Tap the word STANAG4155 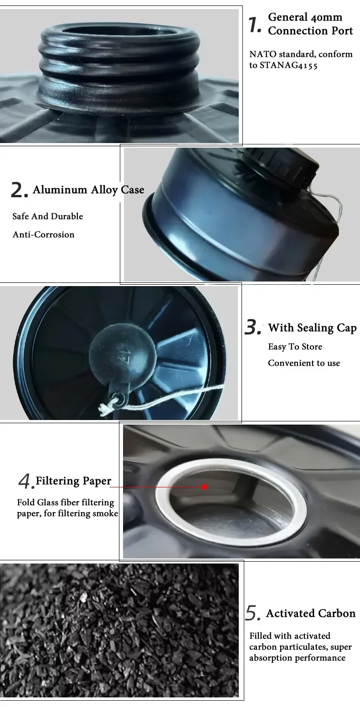coord(288,65)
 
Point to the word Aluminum coord(60,190)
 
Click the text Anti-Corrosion coord(44,235)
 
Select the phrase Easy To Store coord(295,347)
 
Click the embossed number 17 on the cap coord(122,351)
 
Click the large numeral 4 coord(24,482)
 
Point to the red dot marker coord(204,487)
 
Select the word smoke coord(105,513)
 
